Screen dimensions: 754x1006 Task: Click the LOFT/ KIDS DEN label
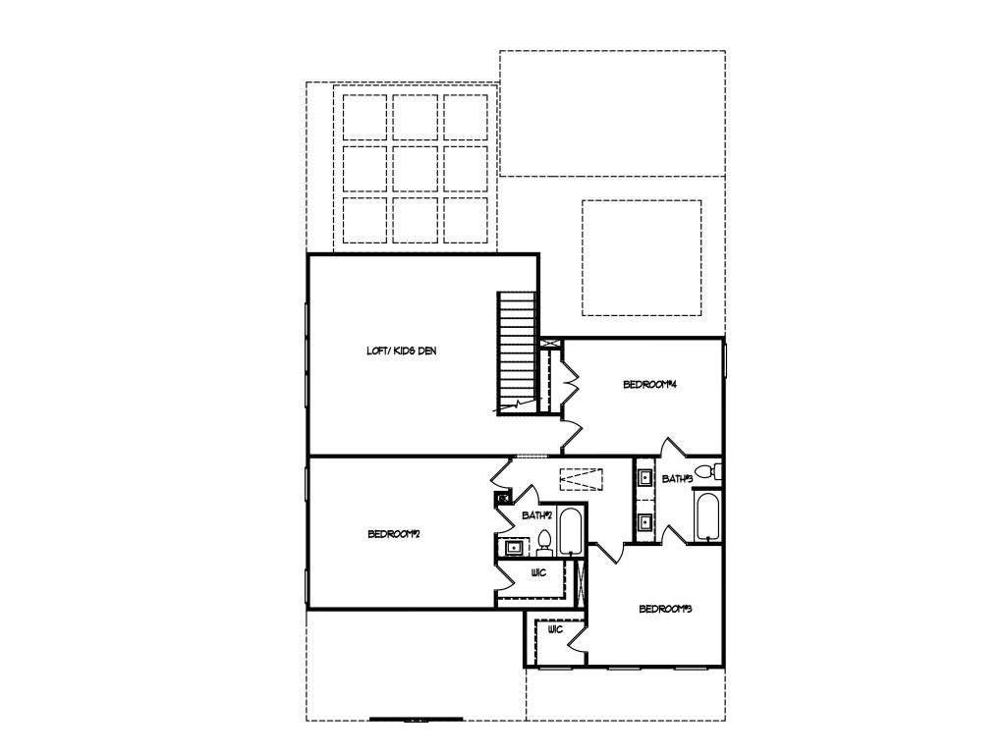(401, 350)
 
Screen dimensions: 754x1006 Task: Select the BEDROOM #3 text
(665, 609)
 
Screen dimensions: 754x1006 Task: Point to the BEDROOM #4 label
(651, 385)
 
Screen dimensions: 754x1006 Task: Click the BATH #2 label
(536, 514)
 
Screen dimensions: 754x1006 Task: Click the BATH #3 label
(677, 479)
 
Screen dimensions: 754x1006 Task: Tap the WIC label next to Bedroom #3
(554, 629)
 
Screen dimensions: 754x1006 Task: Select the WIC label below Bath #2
(538, 572)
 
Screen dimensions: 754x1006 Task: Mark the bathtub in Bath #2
(571, 531)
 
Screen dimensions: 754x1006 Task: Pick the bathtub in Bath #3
(707, 516)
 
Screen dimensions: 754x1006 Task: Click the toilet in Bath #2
(543, 542)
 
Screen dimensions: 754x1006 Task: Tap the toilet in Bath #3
(705, 472)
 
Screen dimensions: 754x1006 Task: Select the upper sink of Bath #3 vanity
(645, 479)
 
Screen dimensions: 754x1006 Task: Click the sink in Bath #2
(511, 547)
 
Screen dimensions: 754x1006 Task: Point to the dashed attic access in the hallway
(583, 479)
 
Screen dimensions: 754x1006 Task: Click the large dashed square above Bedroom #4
(642, 258)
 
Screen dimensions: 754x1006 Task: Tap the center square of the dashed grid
(415, 169)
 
